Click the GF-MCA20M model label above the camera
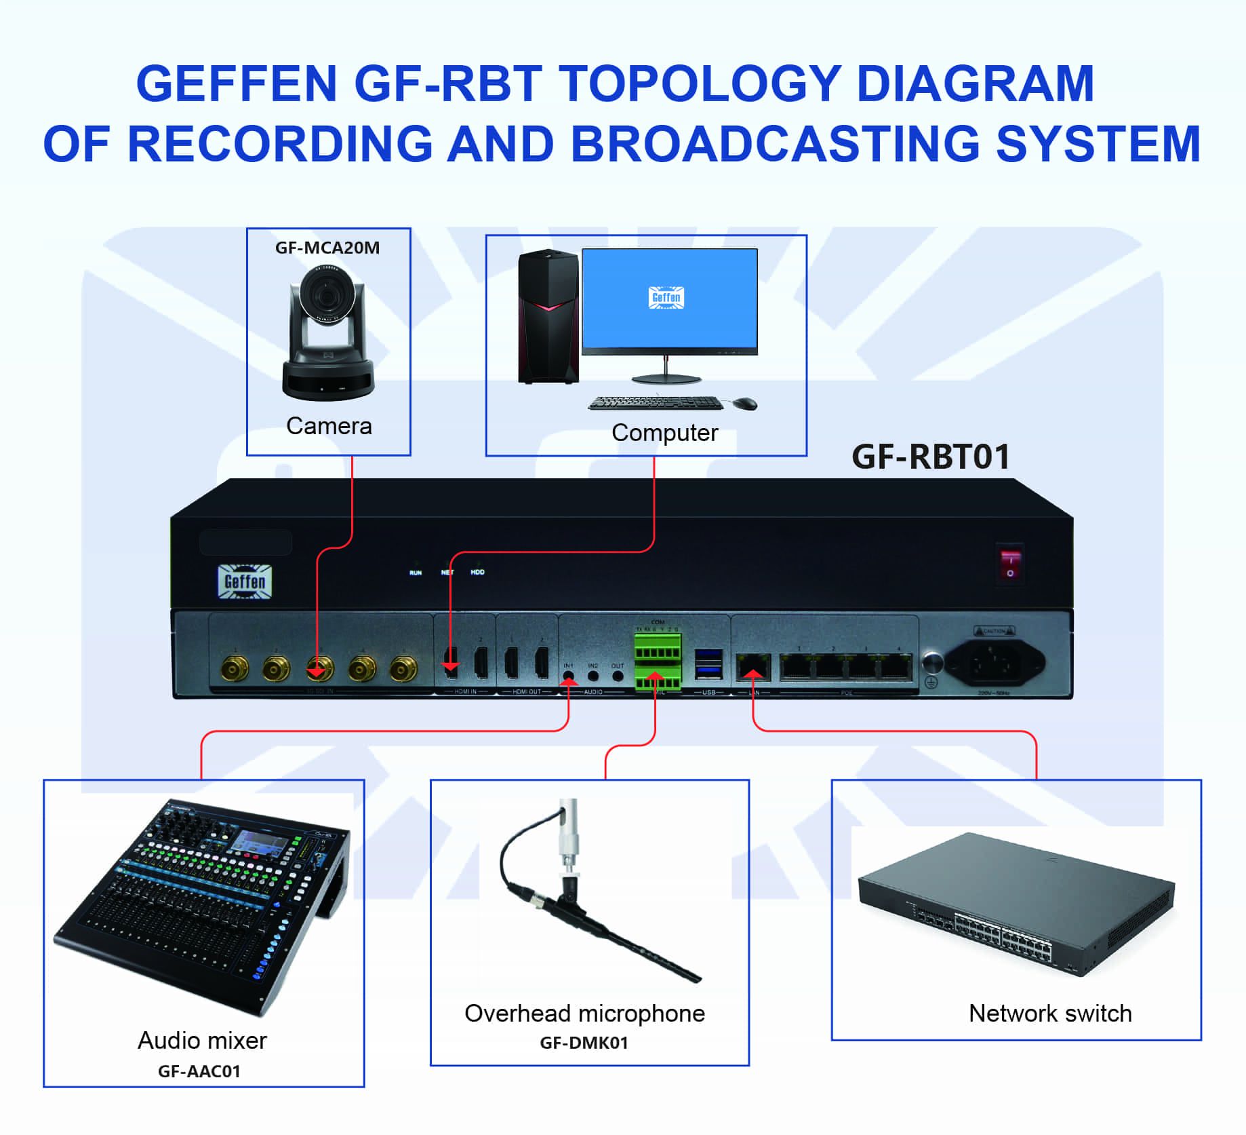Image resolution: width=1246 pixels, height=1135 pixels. click(327, 248)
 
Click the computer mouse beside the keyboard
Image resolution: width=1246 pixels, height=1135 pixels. click(745, 404)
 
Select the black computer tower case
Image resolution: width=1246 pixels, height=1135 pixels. click(548, 316)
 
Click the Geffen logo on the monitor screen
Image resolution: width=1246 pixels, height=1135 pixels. click(666, 297)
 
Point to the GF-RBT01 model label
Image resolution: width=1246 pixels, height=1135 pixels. click(931, 457)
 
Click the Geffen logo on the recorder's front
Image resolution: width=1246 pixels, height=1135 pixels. click(245, 581)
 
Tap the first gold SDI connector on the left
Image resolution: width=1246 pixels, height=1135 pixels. click(235, 670)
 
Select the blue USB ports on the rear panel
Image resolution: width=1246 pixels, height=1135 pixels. click(708, 663)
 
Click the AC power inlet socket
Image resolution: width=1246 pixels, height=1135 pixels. click(994, 662)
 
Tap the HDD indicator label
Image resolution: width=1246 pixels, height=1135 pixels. click(477, 572)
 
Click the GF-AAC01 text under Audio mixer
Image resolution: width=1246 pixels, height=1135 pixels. click(199, 1071)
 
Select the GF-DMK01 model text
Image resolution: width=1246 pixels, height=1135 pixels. click(584, 1042)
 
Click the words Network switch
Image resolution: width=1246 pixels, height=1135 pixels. click(1050, 1013)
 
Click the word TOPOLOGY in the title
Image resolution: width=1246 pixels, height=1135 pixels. click(700, 83)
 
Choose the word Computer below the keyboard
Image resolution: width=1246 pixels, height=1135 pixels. click(664, 432)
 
